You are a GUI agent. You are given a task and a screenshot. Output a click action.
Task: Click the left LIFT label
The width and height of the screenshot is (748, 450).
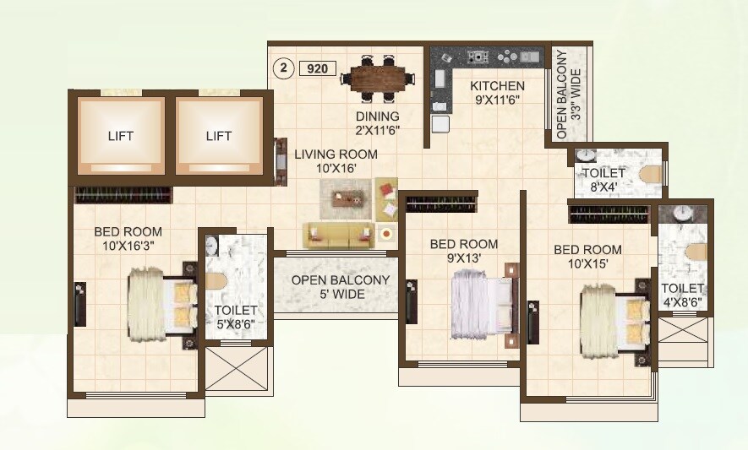click(121, 135)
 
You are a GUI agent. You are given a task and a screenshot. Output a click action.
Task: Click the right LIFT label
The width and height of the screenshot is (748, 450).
click(219, 135)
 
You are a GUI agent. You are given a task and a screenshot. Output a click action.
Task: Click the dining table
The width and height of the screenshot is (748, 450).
click(379, 79)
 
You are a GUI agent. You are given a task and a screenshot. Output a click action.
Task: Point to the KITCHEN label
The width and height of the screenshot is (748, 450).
click(497, 86)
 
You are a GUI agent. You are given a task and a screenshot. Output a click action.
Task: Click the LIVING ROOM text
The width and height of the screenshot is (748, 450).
click(336, 155)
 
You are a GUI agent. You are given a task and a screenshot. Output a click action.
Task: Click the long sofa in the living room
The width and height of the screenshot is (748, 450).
click(339, 236)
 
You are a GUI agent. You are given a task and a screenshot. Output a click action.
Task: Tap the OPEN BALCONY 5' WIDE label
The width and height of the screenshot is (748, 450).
click(341, 287)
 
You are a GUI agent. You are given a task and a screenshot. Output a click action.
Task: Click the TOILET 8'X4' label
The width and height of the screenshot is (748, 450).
click(603, 179)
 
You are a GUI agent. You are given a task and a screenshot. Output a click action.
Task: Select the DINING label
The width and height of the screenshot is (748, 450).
click(377, 117)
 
